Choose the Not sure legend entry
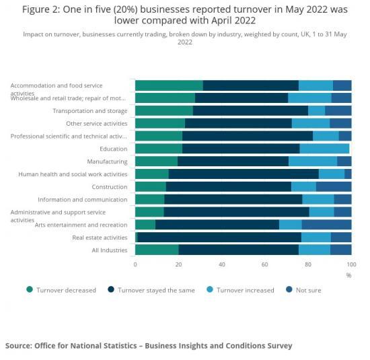[x=309, y=290]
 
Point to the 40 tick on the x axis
[x=221, y=265]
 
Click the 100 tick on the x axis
[x=350, y=265]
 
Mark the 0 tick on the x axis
[x=135, y=265]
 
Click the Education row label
[x=113, y=149]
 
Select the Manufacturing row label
[x=107, y=161]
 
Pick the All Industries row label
[x=109, y=250]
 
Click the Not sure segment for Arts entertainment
[x=326, y=225]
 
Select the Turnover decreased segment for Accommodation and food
[x=169, y=85]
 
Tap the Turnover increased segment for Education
[x=324, y=149]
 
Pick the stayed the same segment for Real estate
[x=219, y=238]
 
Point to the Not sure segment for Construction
[x=334, y=187]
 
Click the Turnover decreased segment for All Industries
[x=157, y=250]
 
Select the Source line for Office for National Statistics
[x=149, y=346]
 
